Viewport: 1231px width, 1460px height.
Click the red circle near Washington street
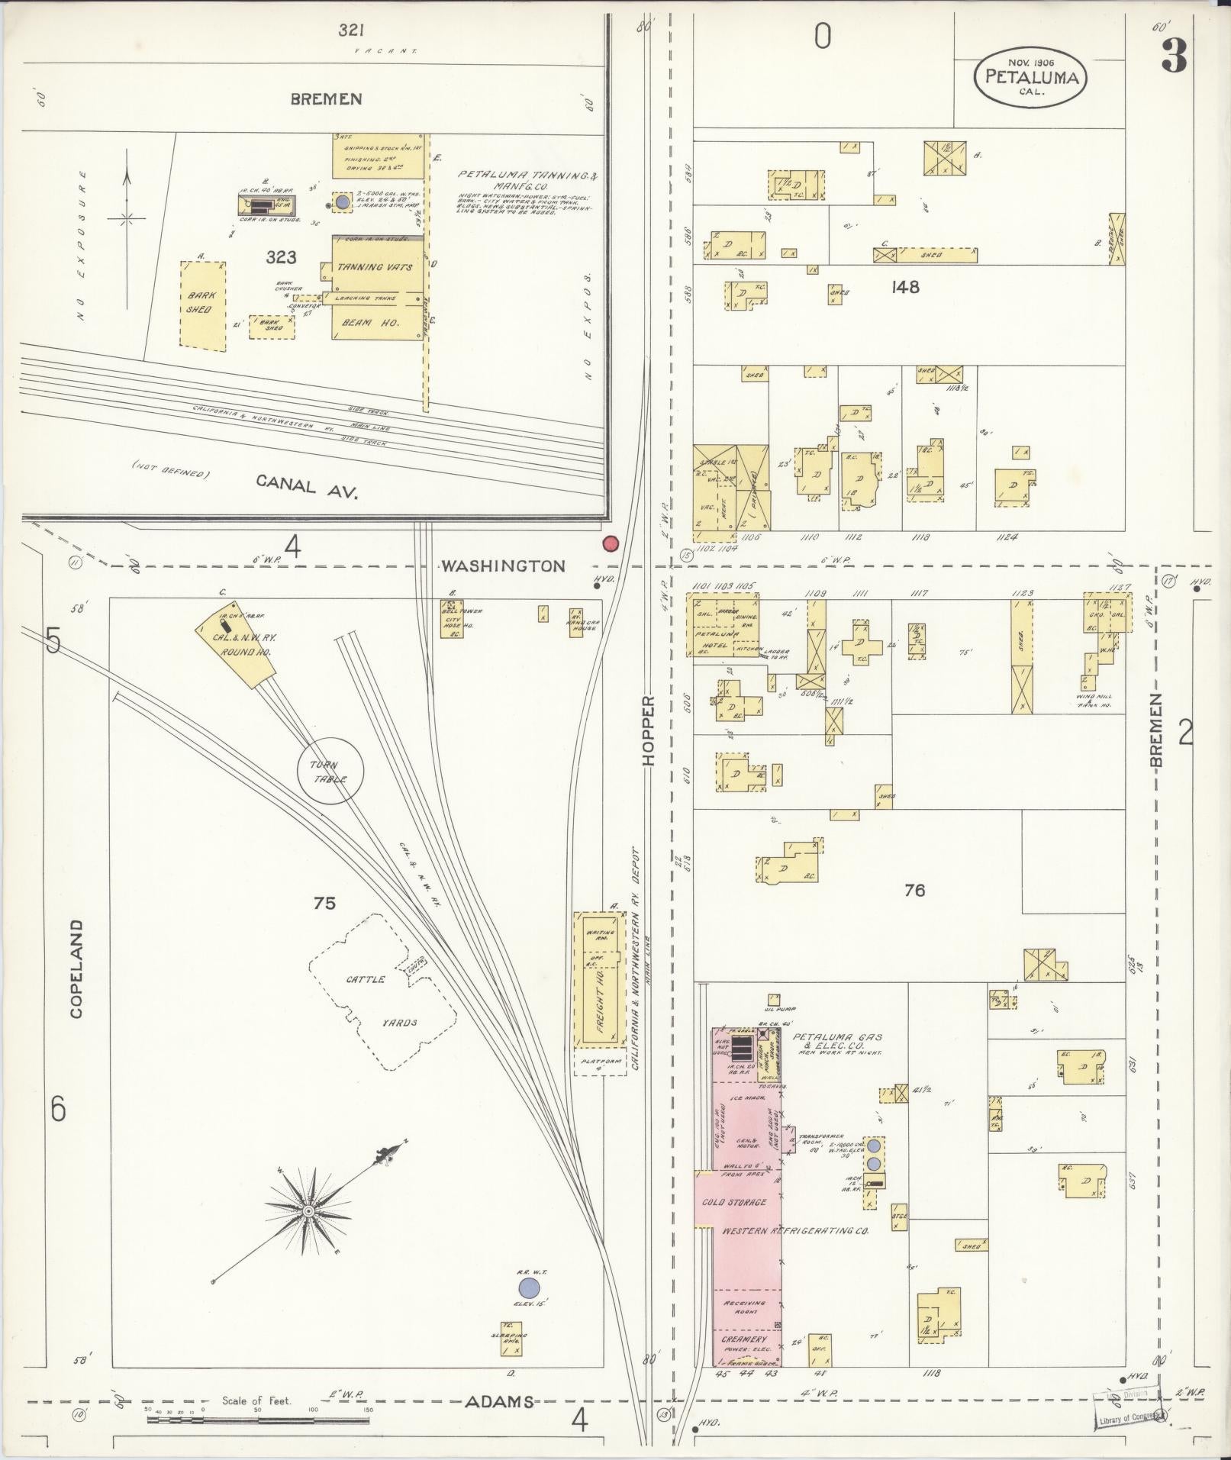point(611,543)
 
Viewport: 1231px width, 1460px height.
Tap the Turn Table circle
point(330,771)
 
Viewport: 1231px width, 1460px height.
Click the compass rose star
point(308,1232)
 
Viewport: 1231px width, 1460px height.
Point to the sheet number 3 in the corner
point(1174,56)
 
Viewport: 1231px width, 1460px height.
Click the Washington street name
point(503,566)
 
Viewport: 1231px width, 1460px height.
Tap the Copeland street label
point(76,968)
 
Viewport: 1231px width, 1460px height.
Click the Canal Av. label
point(307,485)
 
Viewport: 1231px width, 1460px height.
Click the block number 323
point(281,257)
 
